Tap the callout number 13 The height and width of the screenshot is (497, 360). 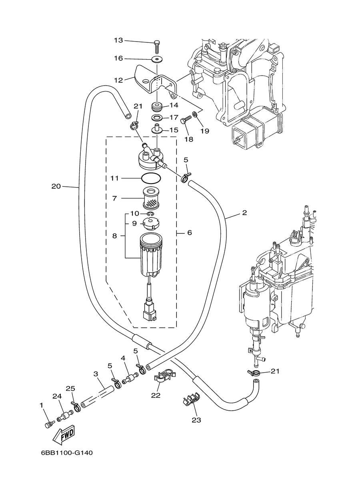coord(118,40)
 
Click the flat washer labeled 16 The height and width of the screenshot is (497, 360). coord(157,60)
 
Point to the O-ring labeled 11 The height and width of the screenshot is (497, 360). coord(151,178)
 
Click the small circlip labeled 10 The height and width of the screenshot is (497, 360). coord(150,214)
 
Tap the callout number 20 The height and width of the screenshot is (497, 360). coord(56,186)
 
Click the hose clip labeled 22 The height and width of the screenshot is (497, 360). coord(164,377)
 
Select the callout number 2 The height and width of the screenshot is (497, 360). coord(244,213)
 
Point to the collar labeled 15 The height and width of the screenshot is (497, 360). coord(157,129)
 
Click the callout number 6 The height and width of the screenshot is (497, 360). coord(189,233)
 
